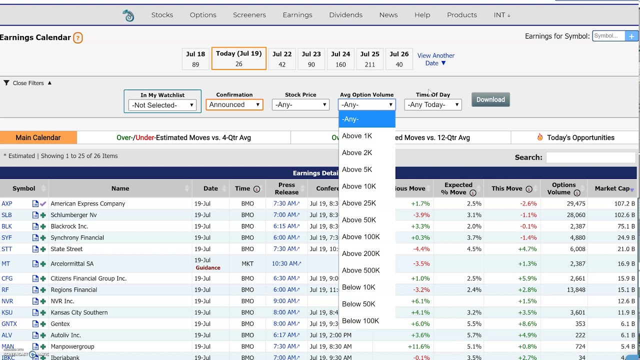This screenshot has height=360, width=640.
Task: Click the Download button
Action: pos(490,99)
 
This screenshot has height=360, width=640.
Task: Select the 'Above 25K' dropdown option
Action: pos(358,203)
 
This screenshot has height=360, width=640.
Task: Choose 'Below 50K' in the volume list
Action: pos(358,304)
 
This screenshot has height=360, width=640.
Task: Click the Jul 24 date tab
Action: pos(340,58)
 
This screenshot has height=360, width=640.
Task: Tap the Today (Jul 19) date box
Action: pos(238,58)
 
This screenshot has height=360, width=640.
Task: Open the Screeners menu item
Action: pos(249,15)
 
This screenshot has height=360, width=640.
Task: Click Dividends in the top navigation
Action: pos(345,15)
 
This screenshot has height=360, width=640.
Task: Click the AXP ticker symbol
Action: pos(7,203)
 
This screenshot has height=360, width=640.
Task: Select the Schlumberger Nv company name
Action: pos(73,215)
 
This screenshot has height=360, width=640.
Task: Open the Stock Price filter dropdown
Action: pos(300,104)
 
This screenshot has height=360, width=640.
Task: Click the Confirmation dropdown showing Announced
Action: pos(234,104)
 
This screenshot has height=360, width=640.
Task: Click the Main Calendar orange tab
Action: pos(38,137)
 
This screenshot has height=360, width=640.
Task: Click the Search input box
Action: pos(590,157)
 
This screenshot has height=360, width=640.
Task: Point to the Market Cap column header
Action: pos(612,188)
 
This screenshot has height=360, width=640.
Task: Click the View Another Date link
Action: pos(435,59)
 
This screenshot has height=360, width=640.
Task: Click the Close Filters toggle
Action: pos(28,83)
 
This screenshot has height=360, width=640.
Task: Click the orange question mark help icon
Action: pos(78,37)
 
